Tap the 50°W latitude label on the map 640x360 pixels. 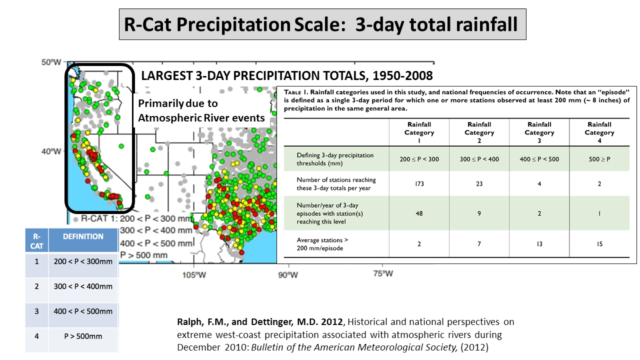coord(51,62)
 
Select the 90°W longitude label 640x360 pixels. coord(288,274)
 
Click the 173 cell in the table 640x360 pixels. coord(419,184)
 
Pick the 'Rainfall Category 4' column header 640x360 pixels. coord(599,132)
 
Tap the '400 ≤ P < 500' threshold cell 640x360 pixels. coord(539,159)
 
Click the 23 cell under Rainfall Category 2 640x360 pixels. coord(479,184)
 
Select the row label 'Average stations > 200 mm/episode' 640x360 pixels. coord(322,244)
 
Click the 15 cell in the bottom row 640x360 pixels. coord(599,244)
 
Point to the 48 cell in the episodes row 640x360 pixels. coord(419,213)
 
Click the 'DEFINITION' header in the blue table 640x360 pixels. coord(83,237)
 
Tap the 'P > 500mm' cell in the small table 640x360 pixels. coord(83,336)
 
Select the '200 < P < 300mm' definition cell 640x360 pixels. coord(83,261)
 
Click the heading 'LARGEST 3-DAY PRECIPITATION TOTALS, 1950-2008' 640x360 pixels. coord(286,76)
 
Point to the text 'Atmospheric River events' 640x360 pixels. coord(201,118)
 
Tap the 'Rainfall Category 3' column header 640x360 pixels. coord(539,132)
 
